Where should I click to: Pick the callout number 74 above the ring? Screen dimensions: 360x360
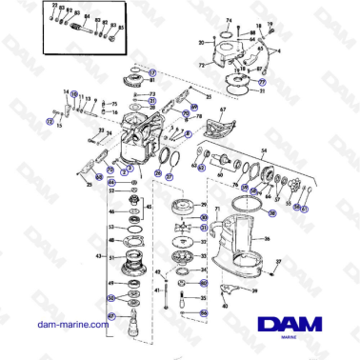point(228,18)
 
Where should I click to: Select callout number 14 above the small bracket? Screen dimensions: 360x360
point(67,91)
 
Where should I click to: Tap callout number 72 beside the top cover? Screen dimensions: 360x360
point(200,68)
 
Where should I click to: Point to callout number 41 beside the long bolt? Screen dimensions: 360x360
point(159,288)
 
